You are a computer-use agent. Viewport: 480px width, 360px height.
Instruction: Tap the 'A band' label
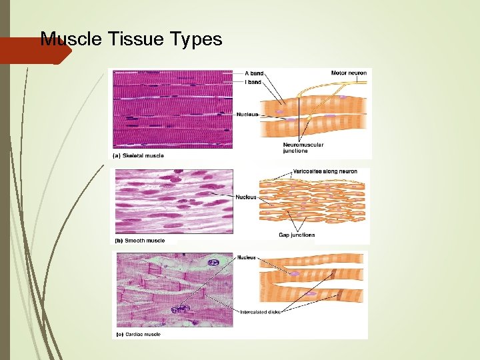click(254, 73)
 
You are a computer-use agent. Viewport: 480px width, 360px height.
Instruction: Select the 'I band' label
click(253, 82)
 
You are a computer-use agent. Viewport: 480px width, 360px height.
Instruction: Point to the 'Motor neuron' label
click(349, 73)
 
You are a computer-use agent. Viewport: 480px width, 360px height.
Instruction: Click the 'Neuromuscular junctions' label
click(303, 147)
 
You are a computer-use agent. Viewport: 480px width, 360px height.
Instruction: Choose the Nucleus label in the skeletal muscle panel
click(247, 114)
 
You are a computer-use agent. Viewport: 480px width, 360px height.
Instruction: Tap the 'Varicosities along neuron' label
click(325, 171)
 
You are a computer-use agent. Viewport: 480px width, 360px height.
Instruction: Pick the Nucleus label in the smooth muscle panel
click(246, 197)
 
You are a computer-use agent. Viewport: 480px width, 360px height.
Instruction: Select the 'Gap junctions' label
click(297, 235)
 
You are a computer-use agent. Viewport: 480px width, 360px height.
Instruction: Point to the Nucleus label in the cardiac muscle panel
click(246, 257)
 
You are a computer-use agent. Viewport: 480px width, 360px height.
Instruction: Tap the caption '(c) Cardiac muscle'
click(139, 333)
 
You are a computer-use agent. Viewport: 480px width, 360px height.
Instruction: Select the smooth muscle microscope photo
click(173, 201)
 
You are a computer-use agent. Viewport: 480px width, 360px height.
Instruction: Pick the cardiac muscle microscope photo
click(175, 289)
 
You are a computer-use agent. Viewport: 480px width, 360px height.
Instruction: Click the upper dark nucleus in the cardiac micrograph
click(213, 263)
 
